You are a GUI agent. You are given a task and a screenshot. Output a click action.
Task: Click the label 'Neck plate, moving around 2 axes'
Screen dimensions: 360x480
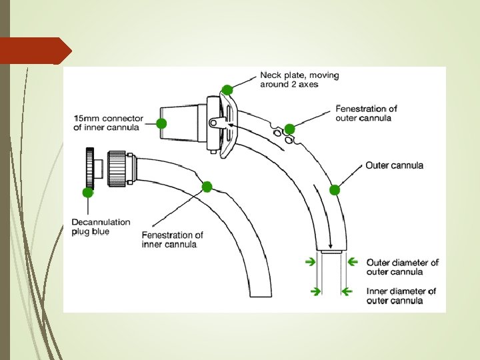pos(299,80)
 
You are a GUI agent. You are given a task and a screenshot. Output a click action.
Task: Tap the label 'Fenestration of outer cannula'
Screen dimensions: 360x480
pos(366,113)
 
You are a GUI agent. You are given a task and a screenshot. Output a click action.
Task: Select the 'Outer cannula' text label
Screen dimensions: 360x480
pos(394,165)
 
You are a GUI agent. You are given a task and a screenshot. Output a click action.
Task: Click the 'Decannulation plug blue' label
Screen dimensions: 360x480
pos(101,227)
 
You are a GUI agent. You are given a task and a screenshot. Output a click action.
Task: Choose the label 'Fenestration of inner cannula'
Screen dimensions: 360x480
pos(173,239)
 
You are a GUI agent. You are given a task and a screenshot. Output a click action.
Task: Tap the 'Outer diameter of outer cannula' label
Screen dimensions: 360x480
pos(403,267)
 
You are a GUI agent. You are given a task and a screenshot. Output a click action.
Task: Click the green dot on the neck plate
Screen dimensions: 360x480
pos(227,89)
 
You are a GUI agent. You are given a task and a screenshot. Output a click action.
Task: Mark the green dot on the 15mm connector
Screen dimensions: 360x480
pos(161,123)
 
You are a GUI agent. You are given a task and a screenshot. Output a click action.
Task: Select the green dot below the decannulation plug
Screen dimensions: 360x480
pos(87,193)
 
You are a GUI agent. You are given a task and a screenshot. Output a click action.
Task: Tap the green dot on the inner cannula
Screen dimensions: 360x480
pos(207,187)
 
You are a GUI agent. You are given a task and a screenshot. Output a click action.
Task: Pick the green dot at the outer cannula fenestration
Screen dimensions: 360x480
pos(289,128)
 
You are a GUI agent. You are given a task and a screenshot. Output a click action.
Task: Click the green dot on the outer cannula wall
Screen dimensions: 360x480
pos(335,190)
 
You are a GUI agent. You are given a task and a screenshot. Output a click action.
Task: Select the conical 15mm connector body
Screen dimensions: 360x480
pos(183,123)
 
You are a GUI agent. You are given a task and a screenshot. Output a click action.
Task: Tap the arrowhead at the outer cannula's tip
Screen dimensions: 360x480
pos(331,246)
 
